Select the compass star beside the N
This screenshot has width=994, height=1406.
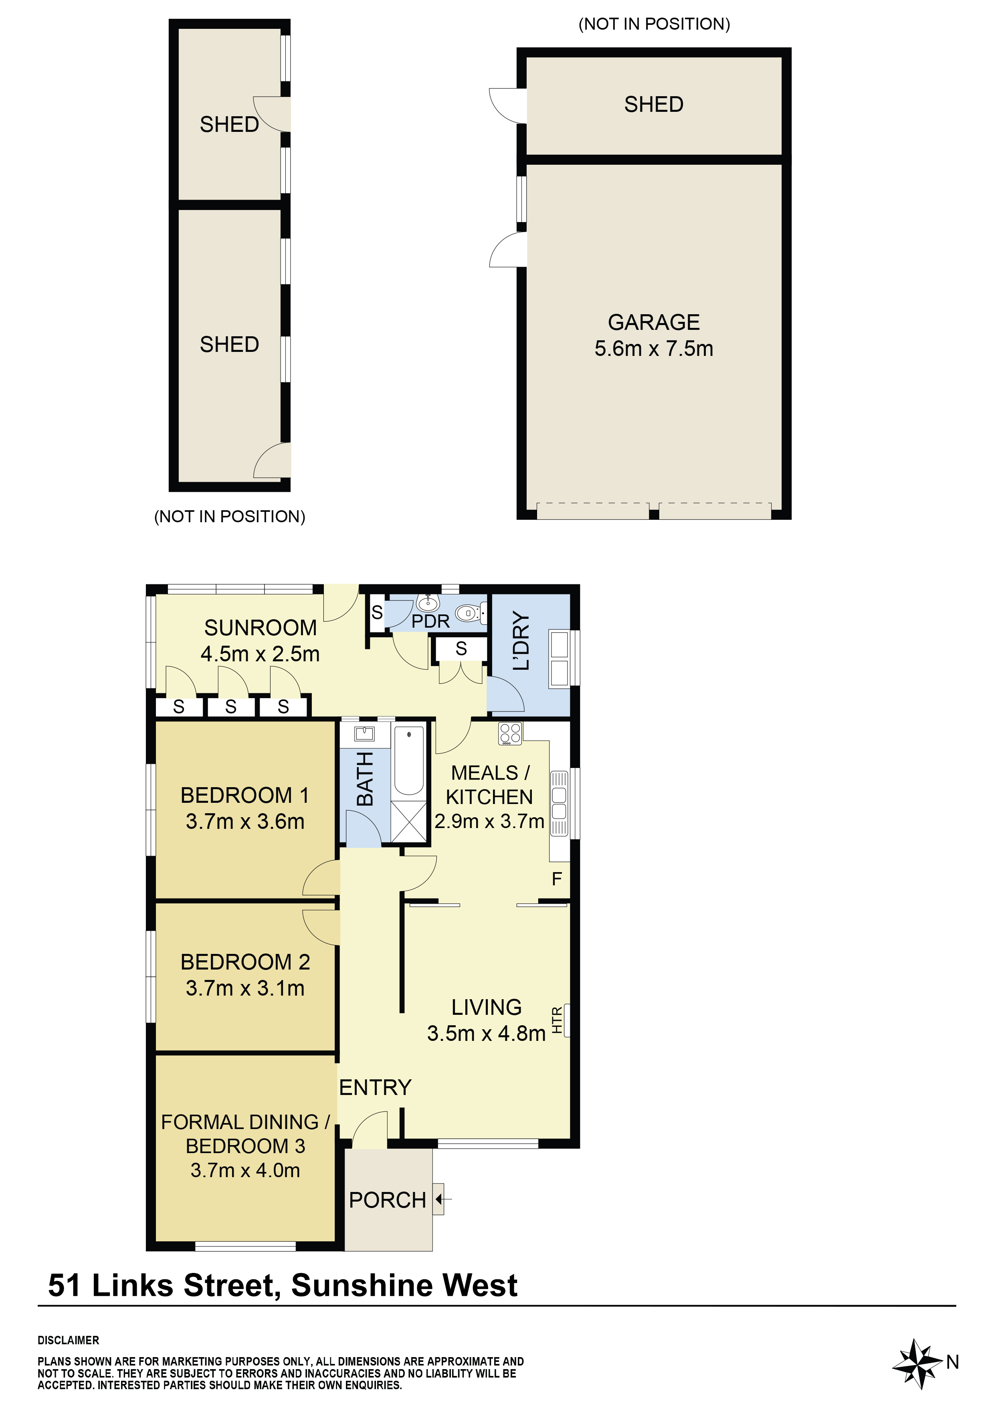916,1363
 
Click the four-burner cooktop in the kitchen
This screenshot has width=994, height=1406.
510,733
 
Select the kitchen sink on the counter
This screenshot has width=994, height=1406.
559,803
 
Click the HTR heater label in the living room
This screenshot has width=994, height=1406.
557,1020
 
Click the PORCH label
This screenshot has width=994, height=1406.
387,1200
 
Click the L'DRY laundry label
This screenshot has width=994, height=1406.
521,640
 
